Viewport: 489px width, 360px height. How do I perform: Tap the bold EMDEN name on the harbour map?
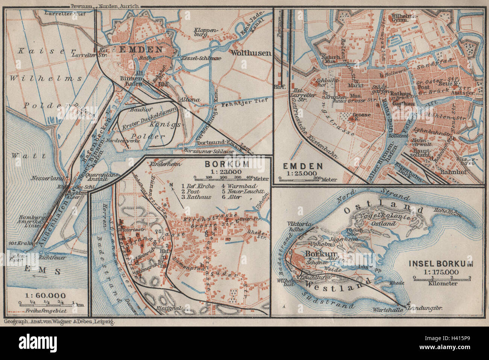click(x=141, y=50)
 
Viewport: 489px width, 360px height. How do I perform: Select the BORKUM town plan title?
click(x=220, y=164)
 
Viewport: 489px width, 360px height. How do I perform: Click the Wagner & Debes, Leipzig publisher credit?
click(x=59, y=322)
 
